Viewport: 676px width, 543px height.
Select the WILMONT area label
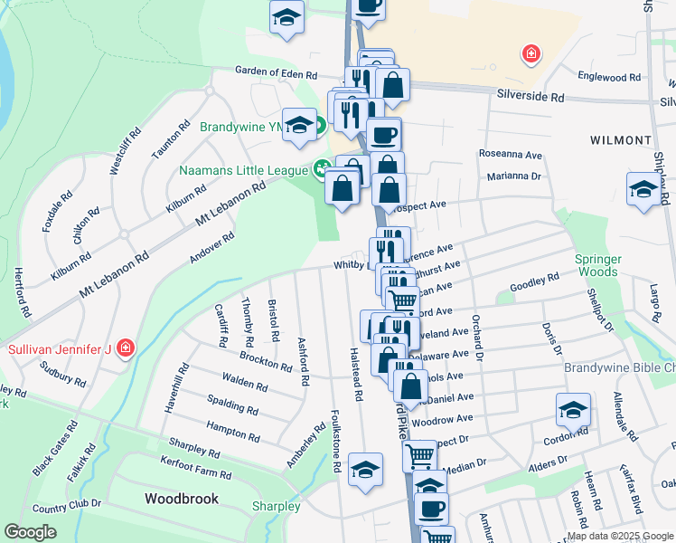pyautogui.click(x=620, y=140)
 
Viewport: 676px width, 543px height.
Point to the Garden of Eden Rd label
pyautogui.click(x=277, y=72)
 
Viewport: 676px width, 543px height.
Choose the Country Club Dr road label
pyautogui.click(x=62, y=509)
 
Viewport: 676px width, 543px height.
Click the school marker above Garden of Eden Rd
pyautogui.click(x=287, y=16)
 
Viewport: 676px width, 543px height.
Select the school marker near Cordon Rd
pyautogui.click(x=573, y=410)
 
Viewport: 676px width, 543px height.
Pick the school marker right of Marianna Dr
pyautogui.click(x=643, y=188)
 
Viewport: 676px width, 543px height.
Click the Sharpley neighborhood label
pyautogui.click(x=276, y=506)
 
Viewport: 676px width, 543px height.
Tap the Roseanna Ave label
pyautogui.click(x=510, y=154)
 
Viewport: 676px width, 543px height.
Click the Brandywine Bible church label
pyautogui.click(x=619, y=368)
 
